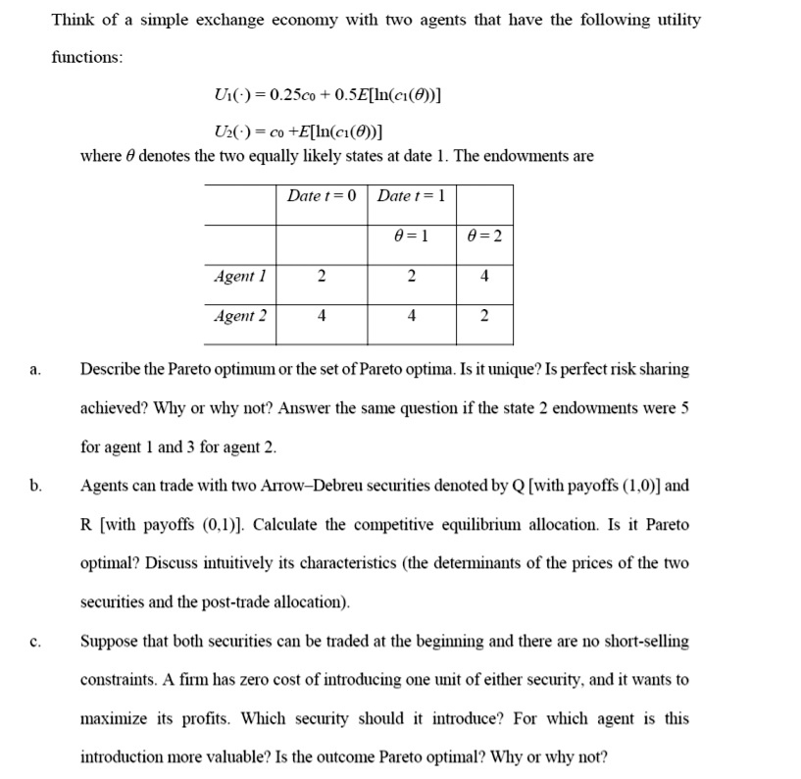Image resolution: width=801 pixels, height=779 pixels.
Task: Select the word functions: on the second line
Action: click(86, 57)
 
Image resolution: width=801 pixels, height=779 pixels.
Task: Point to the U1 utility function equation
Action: click(325, 95)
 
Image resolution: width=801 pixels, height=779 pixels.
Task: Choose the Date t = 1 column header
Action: click(412, 195)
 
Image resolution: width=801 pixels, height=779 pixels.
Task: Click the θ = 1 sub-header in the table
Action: click(412, 235)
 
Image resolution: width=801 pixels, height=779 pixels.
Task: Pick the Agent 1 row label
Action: click(239, 276)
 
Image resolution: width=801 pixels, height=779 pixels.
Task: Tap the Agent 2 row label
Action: click(239, 316)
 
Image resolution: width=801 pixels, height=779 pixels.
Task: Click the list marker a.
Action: click(34, 370)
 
